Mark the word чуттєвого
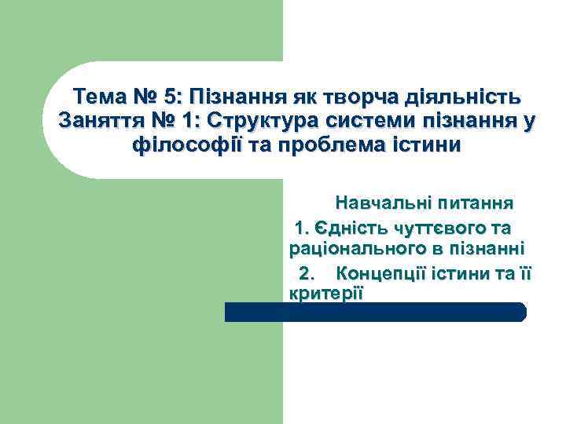439,228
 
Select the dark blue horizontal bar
376,312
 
